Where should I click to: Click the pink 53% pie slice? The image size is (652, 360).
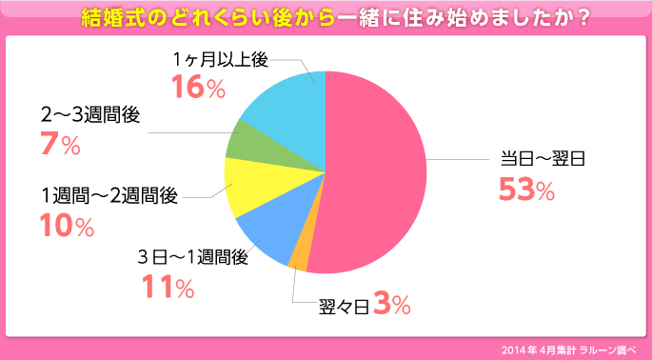pos(376,171)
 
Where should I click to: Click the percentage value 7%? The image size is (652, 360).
pos(59,146)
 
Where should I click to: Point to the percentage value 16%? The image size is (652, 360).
pos(198,88)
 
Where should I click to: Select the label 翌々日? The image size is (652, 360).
pos(343,307)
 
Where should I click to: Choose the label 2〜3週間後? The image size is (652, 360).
pos(90,115)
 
